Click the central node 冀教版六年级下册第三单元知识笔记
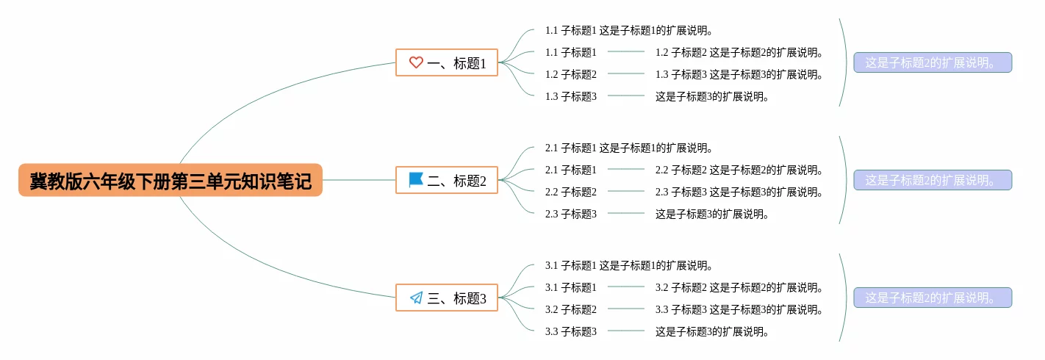pyautogui.click(x=170, y=181)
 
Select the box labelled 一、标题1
pyautogui.click(x=447, y=63)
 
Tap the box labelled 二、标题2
pyautogui.click(x=447, y=181)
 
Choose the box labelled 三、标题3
pyautogui.click(x=447, y=298)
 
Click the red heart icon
pyautogui.click(x=416, y=63)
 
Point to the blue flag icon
pyautogui.click(x=416, y=180)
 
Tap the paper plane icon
pyautogui.click(x=416, y=298)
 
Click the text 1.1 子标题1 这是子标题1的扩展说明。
pyautogui.click(x=630, y=31)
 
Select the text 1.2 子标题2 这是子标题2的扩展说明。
pyautogui.click(x=739, y=53)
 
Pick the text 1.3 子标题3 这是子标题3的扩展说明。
pyautogui.click(x=739, y=75)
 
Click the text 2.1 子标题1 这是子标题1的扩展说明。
pyautogui.click(x=630, y=148)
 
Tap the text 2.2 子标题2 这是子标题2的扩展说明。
pyautogui.click(x=739, y=170)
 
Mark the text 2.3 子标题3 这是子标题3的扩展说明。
pyautogui.click(x=739, y=192)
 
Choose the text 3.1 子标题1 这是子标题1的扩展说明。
pyautogui.click(x=630, y=266)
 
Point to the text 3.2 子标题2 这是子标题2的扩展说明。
pyautogui.click(x=739, y=288)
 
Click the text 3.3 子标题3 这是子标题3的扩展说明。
pyautogui.click(x=739, y=310)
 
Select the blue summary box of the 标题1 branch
pyautogui.click(x=933, y=63)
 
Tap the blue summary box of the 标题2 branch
pyautogui.click(x=933, y=181)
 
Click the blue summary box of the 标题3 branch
pyautogui.click(x=933, y=298)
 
